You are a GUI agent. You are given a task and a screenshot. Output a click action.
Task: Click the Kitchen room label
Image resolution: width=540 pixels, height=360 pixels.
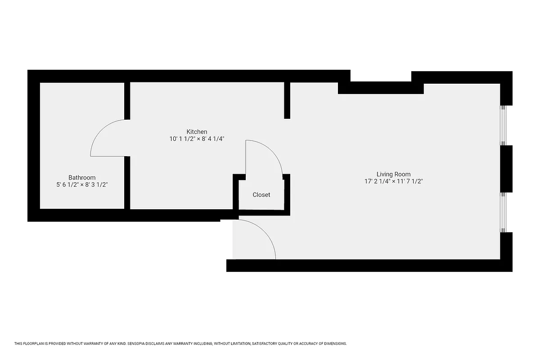point(197,131)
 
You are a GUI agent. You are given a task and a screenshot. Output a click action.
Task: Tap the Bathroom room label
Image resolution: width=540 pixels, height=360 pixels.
point(82,177)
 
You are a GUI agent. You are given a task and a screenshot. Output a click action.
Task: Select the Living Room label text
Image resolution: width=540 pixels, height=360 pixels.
point(393,174)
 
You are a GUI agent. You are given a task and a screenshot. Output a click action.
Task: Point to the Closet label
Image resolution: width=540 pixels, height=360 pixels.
point(261,195)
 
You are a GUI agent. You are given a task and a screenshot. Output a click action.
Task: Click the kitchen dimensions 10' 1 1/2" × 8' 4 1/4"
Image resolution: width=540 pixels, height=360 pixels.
point(197,139)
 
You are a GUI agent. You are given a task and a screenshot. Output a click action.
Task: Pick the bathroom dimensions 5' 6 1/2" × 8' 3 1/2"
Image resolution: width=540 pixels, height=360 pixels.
point(82,184)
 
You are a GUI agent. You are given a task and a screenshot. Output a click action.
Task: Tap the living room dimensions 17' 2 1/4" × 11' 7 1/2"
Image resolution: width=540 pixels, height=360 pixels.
point(393,181)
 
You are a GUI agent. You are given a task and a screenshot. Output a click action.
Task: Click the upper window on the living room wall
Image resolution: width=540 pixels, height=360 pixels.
point(504,125)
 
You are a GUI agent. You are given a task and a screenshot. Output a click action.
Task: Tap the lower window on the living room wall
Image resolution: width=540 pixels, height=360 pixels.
point(504,212)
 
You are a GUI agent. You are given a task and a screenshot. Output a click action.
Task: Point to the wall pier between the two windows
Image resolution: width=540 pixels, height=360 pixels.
point(506,169)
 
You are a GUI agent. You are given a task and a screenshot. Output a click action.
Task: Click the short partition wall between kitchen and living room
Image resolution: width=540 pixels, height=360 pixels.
point(287,100)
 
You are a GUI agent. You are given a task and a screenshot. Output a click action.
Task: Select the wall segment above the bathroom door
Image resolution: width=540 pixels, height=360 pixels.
point(127,101)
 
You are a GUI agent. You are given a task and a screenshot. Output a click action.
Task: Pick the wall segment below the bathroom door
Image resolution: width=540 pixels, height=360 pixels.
point(127,182)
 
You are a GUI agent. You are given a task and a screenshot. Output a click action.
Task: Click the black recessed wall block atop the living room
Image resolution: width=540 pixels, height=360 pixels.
point(381,88)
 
